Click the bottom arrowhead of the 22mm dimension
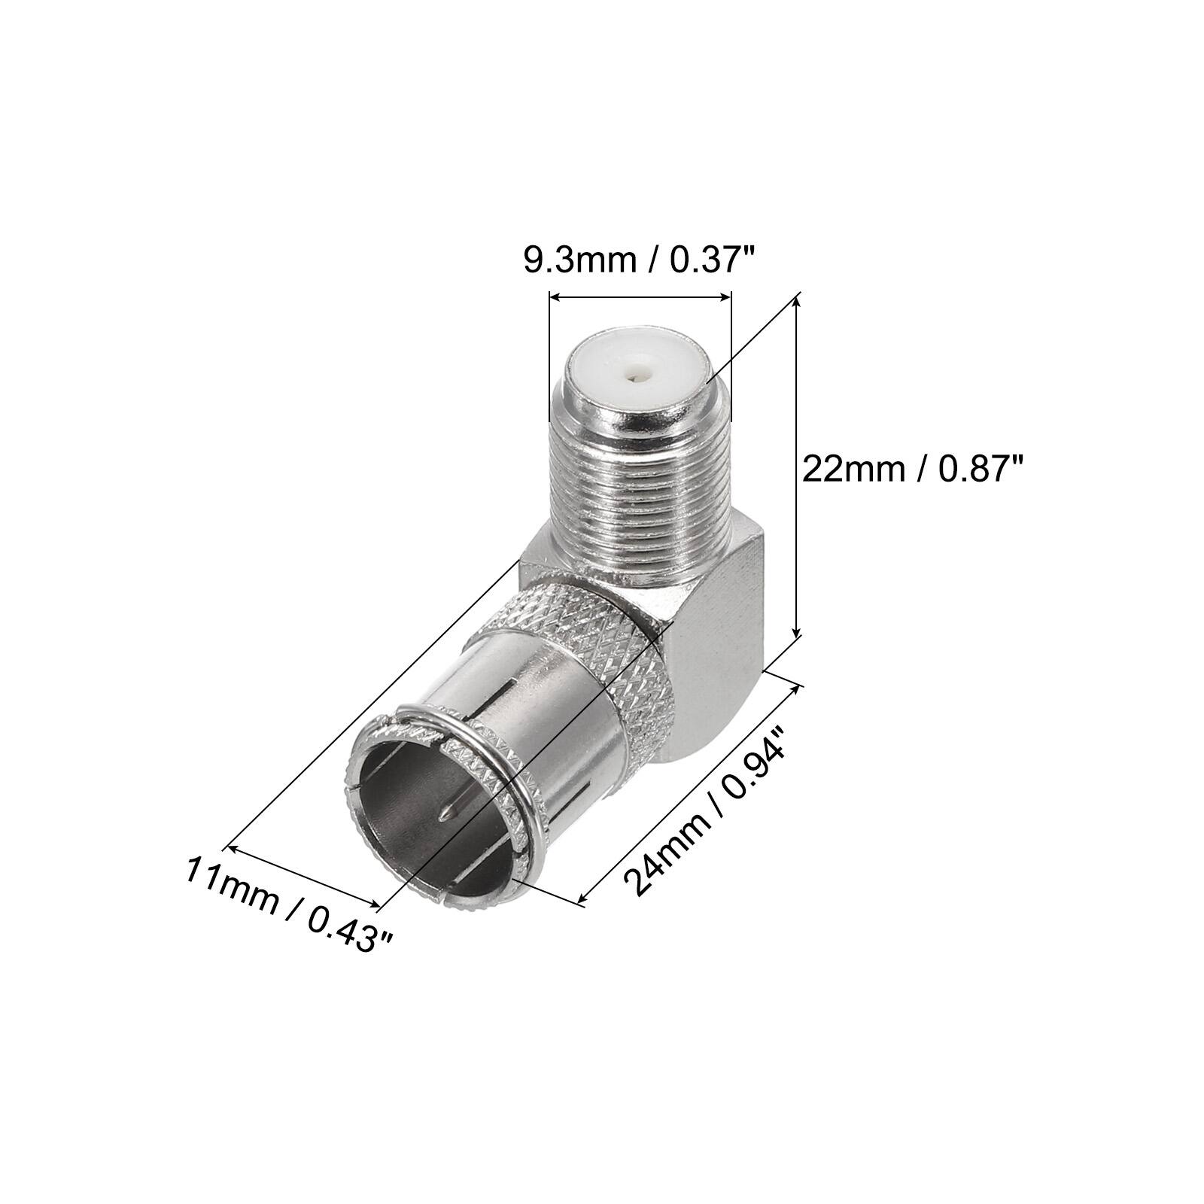pos(797,635)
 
